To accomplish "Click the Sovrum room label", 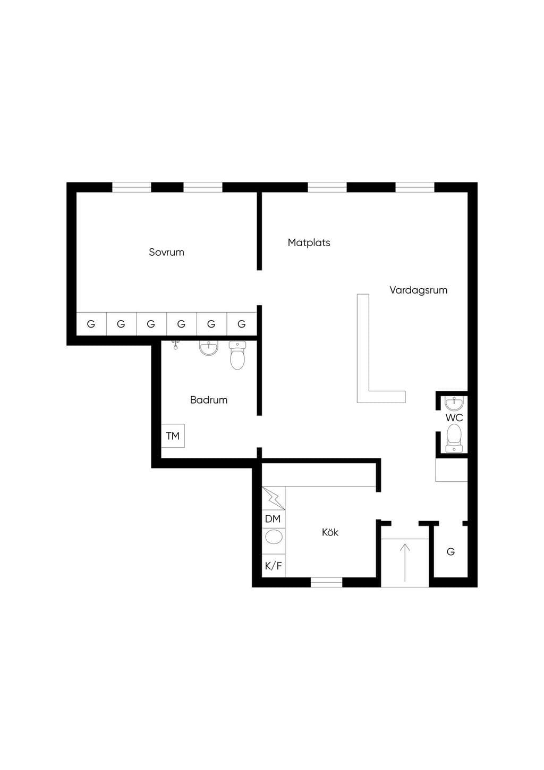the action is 167,252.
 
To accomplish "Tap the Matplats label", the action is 309,242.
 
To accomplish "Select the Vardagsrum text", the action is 418,290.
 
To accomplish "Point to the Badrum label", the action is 208,400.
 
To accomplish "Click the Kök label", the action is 330,532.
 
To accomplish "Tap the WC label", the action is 454,417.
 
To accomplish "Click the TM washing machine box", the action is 173,436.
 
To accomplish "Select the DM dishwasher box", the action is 274,519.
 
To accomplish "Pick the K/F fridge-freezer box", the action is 274,565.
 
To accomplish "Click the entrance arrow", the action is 405,563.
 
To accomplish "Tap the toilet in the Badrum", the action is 237,355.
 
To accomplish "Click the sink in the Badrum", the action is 208,348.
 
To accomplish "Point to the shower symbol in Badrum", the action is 175,345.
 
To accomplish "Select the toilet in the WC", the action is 454,438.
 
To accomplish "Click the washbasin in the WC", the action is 454,403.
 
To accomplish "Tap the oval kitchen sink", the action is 274,537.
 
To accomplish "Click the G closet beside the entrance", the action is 450,552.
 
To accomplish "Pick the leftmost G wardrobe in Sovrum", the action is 91,324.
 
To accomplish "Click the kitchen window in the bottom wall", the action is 327,582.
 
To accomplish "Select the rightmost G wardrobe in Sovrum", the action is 242,324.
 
